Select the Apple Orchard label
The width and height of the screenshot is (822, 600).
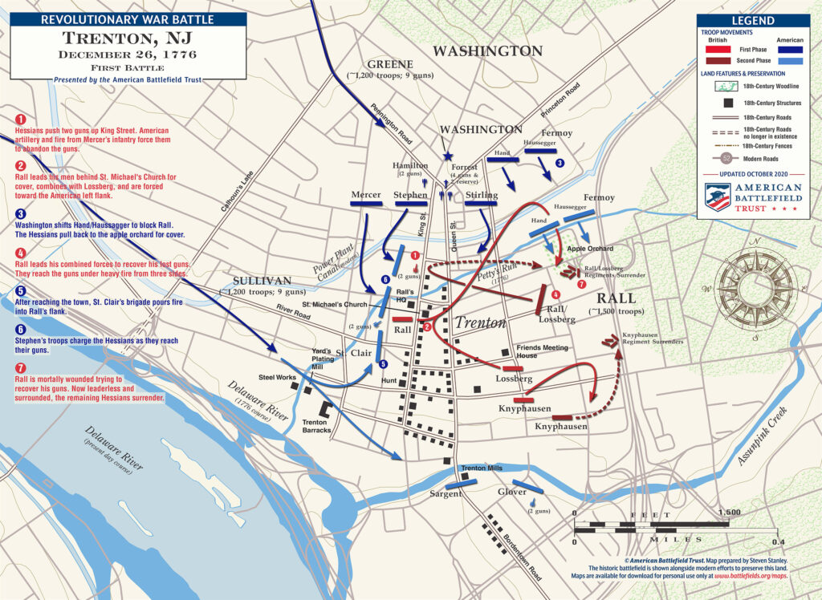tap(590, 249)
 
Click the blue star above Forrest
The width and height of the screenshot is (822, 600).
tap(448, 156)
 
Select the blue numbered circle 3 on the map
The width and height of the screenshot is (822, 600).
tap(560, 163)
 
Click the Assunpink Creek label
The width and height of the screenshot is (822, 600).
tap(765, 436)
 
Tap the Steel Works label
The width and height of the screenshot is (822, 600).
tap(276, 377)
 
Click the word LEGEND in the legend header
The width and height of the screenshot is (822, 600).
tap(753, 21)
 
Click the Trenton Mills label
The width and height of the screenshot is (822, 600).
tap(482, 468)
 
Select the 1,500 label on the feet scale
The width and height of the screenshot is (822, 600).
tap(729, 513)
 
